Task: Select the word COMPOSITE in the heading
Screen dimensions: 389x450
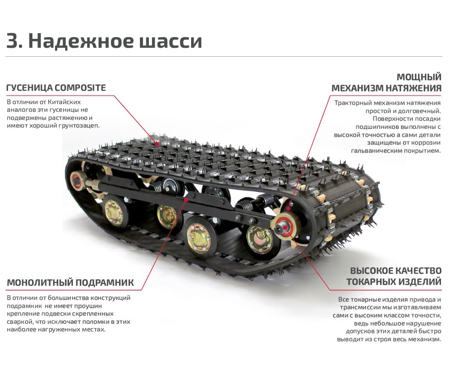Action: [x=80, y=88]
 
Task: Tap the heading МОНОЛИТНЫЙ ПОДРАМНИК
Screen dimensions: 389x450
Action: [x=70, y=283]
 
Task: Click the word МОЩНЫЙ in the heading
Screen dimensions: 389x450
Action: [x=419, y=77]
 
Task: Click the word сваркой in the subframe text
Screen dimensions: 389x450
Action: [x=19, y=321]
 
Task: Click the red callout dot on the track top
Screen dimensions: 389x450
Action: [x=157, y=145]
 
